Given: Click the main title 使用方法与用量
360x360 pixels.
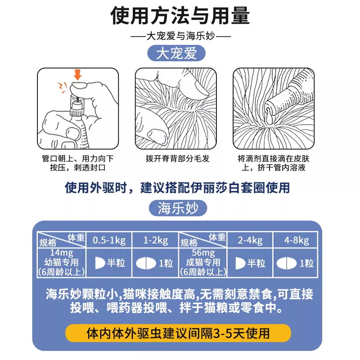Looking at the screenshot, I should tap(180, 16).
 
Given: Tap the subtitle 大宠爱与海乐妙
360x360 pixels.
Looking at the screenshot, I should tap(180, 36).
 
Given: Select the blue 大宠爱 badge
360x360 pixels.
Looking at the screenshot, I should tap(176, 54).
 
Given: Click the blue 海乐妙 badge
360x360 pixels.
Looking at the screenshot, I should tap(176, 208).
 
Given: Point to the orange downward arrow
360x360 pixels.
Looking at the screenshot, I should tap(78, 74).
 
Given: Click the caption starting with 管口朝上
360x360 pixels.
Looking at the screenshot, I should tap(77, 163).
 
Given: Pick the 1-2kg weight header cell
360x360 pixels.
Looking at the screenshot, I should tap(155, 241).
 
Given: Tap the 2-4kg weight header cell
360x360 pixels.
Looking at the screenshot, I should tap(250, 241).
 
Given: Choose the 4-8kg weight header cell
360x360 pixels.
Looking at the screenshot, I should tap(297, 241).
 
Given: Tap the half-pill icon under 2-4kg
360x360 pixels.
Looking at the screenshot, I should tap(241, 263).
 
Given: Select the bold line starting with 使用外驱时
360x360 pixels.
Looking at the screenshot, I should tap(177, 187).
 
